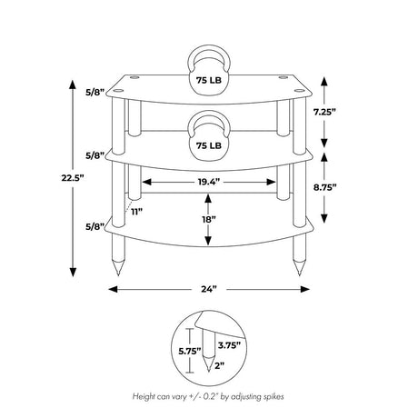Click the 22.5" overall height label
click(73, 178)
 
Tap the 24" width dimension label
click(209, 289)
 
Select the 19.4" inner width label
click(209, 182)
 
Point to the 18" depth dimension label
click(208, 220)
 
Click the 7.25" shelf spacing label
click(324, 112)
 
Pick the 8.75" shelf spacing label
click(325, 187)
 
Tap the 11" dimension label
click(136, 212)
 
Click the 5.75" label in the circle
click(190, 352)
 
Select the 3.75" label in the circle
click(229, 345)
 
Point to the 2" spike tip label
click(220, 365)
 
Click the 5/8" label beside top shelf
click(95, 92)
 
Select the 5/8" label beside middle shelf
click(95, 155)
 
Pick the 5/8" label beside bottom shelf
click(95, 226)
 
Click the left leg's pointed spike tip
click(118, 275)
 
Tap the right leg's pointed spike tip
click(299, 275)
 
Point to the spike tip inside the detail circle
click(208, 371)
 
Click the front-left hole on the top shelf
click(119, 90)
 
